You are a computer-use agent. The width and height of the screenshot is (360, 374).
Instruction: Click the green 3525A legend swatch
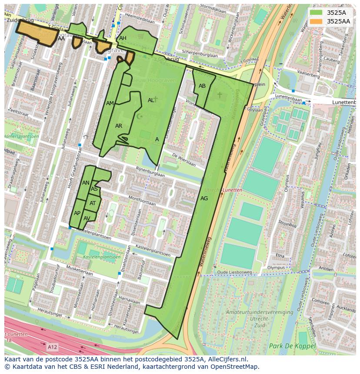click(316, 13)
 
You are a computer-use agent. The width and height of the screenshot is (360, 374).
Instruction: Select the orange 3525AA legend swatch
click(316, 21)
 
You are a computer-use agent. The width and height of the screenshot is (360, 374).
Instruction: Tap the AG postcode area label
click(204, 199)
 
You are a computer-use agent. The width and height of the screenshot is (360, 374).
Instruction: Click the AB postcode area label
click(202, 86)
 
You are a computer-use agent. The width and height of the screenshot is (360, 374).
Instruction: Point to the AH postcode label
click(123, 38)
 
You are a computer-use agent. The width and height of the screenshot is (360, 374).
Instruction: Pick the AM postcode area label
click(110, 103)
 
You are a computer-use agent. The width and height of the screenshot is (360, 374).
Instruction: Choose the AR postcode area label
click(119, 126)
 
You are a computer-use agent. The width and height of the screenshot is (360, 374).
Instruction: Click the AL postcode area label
click(151, 100)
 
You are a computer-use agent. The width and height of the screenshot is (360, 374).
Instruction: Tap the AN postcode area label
click(86, 183)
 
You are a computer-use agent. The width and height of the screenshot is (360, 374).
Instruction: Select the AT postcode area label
click(93, 203)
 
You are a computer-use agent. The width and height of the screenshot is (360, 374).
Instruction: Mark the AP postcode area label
click(77, 213)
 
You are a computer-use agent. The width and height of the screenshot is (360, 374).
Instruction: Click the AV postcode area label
click(87, 218)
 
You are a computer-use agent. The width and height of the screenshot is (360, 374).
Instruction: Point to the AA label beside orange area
click(61, 39)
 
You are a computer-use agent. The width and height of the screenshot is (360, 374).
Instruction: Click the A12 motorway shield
click(52, 347)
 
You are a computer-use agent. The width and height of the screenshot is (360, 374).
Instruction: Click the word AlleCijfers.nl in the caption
click(226, 359)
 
